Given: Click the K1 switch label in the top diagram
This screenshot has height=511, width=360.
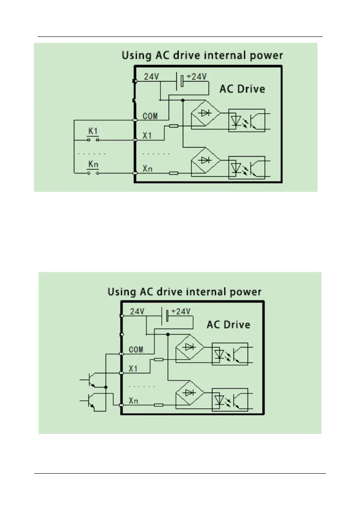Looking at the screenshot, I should click(x=93, y=130).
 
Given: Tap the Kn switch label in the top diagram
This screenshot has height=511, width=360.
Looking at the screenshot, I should click(x=93, y=164).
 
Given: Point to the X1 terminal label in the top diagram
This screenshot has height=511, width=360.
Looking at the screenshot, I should click(x=147, y=135).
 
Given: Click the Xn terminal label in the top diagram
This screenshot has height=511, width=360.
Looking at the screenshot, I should click(x=147, y=169).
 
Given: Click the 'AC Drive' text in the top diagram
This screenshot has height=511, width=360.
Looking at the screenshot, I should click(x=242, y=89).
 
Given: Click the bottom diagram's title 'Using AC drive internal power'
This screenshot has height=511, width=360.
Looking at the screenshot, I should click(x=184, y=292).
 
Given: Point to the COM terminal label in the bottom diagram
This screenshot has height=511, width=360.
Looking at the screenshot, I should click(x=136, y=350).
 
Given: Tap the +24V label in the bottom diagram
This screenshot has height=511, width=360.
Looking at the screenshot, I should click(x=181, y=312).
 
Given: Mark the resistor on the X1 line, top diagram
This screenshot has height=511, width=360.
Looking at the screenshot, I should click(x=173, y=126).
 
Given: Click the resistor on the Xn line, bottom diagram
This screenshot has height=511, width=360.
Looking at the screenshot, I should click(x=158, y=405).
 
